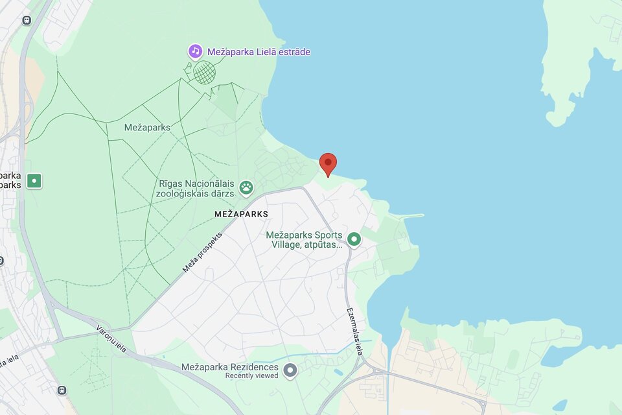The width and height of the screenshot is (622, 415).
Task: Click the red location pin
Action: point(328,163)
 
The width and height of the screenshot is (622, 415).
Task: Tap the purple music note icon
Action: point(195,51)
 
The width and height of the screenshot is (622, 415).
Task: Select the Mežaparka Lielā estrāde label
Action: point(259,52)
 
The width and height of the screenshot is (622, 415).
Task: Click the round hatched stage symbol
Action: point(205,72)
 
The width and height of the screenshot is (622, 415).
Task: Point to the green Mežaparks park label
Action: point(147,127)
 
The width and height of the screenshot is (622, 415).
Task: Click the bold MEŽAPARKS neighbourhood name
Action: point(241,213)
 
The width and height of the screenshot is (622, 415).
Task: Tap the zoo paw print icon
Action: point(246,188)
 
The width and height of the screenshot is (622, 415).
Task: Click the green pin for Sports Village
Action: point(354,240)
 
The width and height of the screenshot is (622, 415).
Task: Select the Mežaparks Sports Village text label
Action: point(305,240)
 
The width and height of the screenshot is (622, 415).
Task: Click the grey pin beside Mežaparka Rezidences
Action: point(290,370)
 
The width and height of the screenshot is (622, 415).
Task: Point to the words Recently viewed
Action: point(251,376)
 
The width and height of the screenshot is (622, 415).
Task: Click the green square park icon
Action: point(34,181)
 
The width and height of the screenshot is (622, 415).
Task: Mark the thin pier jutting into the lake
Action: point(408,216)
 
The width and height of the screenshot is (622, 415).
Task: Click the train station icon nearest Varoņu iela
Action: point(62,390)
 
